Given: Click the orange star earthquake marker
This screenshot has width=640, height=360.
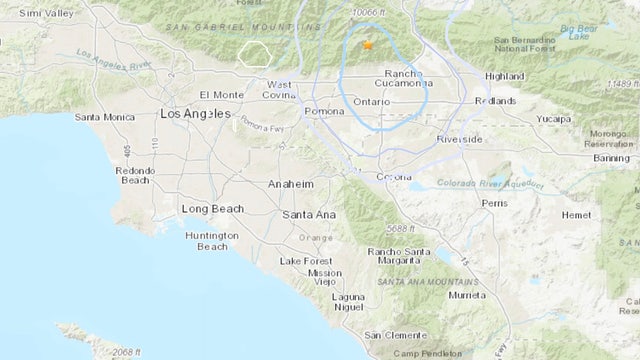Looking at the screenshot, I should point(367,45).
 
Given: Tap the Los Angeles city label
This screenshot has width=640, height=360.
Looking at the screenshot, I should point(199,115).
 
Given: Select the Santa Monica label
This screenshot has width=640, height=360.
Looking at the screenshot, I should point(106,117).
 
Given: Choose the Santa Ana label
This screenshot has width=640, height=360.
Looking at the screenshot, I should point(308,214).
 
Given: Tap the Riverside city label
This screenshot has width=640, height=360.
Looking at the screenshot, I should point(459,139).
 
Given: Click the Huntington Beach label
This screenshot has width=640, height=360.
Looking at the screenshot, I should point(211,241).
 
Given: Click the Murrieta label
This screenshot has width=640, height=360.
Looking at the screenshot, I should point(466,295).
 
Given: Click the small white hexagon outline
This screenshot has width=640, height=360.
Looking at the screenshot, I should point(257,54).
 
